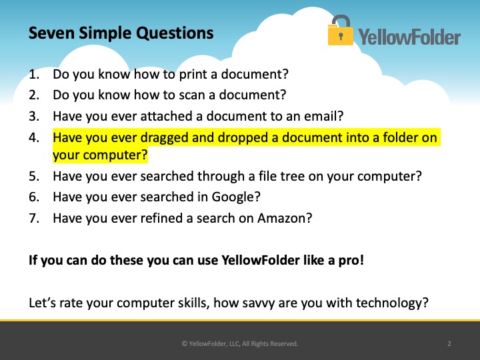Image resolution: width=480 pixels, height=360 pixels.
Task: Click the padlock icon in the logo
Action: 341,30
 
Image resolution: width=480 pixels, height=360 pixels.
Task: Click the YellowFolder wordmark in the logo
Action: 409,37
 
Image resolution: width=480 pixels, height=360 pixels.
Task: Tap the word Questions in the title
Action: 175,33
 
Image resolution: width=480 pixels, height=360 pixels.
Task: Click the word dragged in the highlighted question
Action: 165,138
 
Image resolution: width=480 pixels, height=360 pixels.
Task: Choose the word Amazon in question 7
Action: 281,218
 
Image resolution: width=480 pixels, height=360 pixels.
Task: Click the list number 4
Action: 34,137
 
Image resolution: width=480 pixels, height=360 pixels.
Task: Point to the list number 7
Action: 34,218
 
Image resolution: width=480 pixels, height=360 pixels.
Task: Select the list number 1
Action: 34,75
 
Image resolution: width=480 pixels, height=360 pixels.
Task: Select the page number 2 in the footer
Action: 449,344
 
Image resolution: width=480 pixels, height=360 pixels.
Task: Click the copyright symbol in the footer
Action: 184,344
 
